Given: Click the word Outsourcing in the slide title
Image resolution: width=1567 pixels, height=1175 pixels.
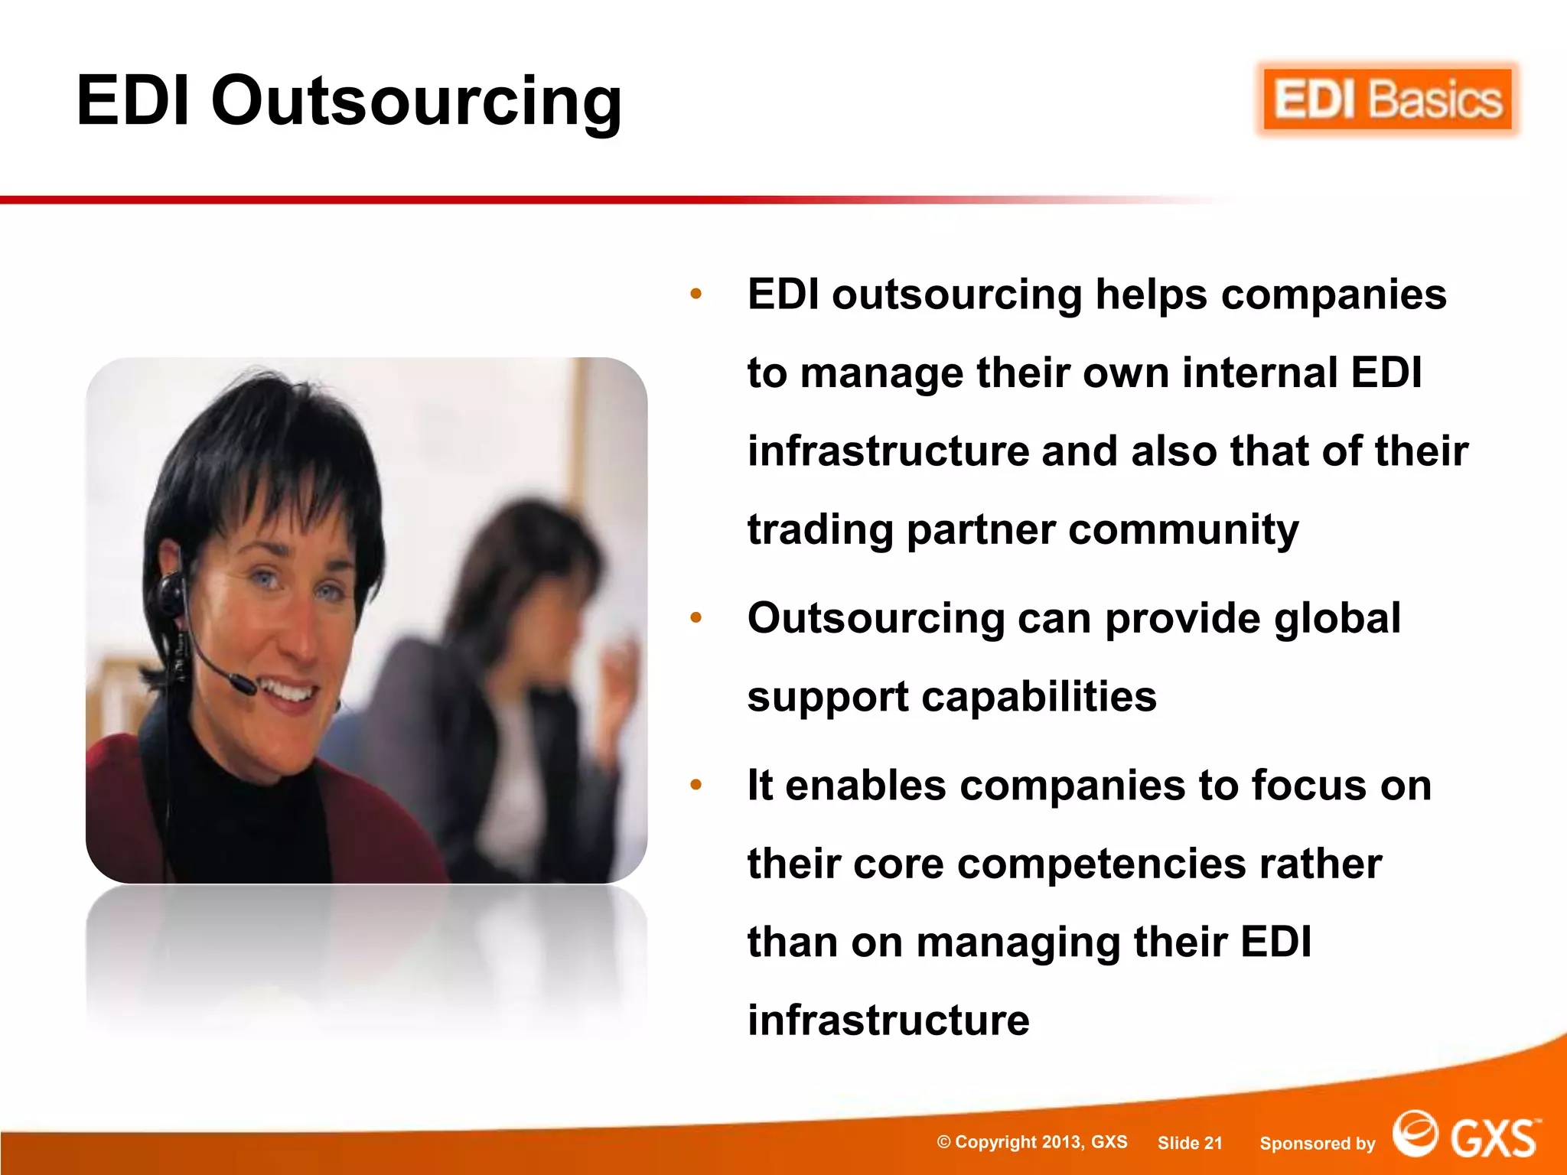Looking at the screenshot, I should pos(416,101).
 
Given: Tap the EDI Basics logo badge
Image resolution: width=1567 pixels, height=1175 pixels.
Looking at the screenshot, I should pos(1387,100).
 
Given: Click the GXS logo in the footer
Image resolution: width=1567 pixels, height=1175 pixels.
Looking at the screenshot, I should pos(1465,1137).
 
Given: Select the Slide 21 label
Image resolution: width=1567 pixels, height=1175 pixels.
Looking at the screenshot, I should pos(1190,1143).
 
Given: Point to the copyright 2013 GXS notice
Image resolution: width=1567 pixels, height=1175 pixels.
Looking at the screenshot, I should pos(1032,1142).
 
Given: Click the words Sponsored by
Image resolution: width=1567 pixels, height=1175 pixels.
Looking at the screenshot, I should pos(1317,1144).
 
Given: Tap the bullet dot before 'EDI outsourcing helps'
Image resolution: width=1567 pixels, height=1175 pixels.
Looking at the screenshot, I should pos(696,294).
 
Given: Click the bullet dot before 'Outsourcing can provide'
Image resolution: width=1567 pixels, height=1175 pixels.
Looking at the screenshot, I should pos(696,617).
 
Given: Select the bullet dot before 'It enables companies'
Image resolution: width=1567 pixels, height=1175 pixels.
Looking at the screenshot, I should pos(696,785).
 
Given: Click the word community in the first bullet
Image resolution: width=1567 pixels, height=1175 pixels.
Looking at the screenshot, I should pos(1184,529).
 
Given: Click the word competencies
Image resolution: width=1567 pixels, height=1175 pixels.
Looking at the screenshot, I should pos(1102,864).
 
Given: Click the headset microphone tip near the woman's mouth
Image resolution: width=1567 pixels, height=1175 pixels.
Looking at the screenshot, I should pos(243,683).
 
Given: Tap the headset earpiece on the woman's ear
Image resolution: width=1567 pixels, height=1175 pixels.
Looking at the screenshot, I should pos(170,588).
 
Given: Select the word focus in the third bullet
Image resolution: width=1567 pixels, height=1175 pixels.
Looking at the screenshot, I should pos(1308,786).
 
